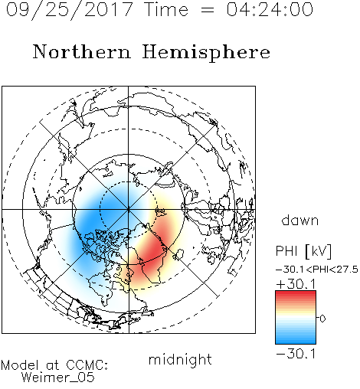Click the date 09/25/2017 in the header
[x=70, y=10]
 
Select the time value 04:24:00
[x=270, y=9]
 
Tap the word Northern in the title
[x=82, y=51]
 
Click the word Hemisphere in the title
[x=206, y=52]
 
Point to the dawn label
[x=300, y=220]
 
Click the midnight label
[x=180, y=359]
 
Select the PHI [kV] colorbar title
[x=303, y=251]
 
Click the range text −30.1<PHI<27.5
[x=317, y=270]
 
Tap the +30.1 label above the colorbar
[x=296, y=284]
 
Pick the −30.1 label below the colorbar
[x=296, y=354]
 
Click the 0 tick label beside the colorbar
[x=322, y=319]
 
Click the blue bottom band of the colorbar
[x=296, y=341]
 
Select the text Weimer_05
[x=58, y=378]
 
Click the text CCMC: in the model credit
[x=87, y=365]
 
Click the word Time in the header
[x=166, y=9]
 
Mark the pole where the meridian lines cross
[x=128, y=209]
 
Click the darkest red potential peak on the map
[x=152, y=250]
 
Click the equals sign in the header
[x=208, y=10]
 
